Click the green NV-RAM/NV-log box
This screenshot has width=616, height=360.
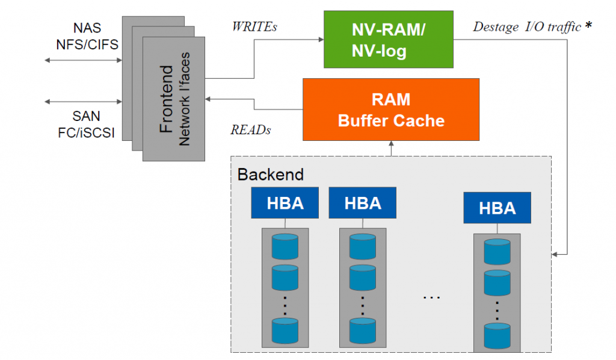[388, 39]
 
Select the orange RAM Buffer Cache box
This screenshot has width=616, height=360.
[391, 109]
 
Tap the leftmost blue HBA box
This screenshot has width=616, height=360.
[285, 203]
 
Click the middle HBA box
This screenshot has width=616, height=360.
[362, 203]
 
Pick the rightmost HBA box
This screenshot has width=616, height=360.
[497, 208]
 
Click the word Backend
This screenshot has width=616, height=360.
[270, 175]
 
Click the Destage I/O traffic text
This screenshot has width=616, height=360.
[526, 26]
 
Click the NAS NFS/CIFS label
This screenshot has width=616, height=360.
[88, 36]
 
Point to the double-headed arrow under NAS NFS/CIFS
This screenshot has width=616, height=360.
[82, 60]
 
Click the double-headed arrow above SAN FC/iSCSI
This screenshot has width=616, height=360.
[82, 101]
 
